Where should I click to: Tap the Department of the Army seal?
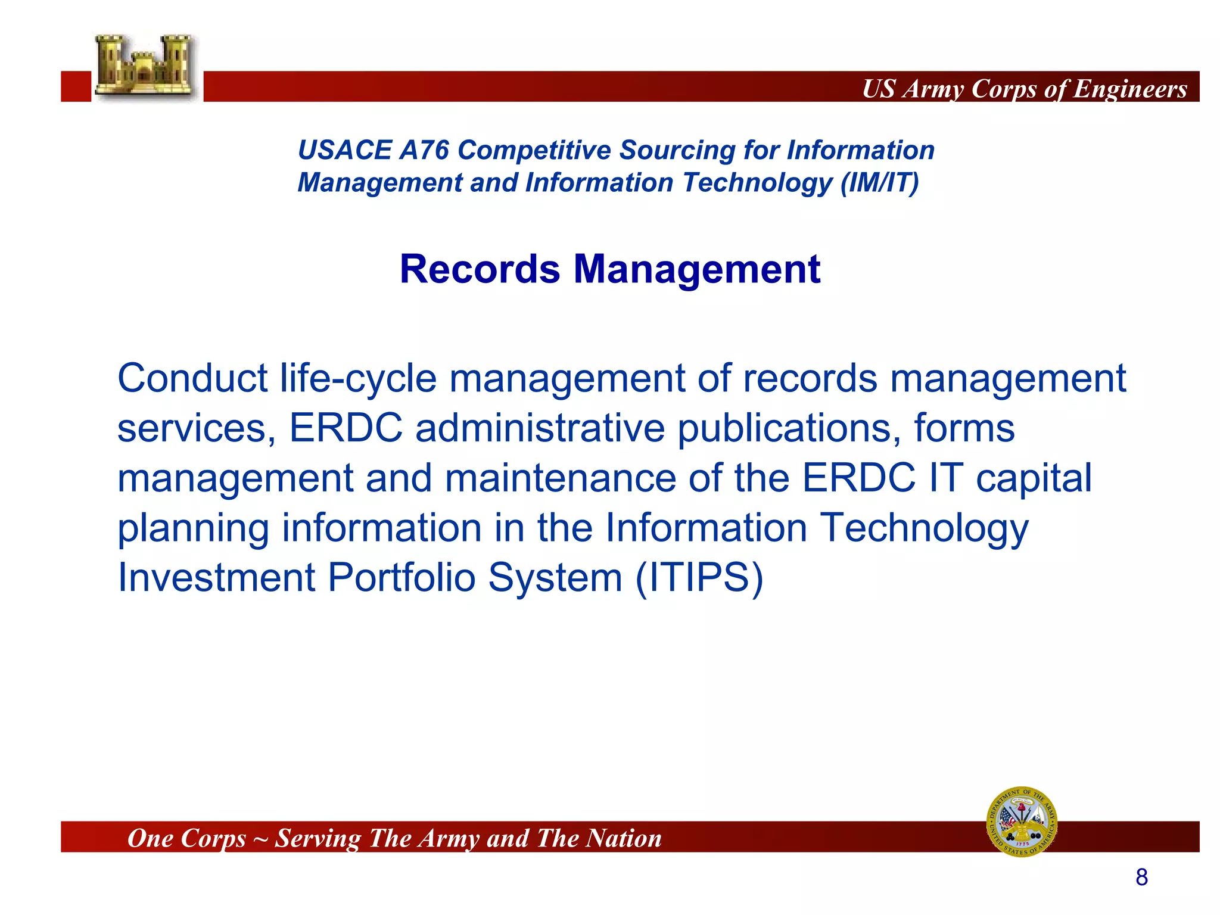pos(1022,822)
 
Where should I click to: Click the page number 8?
pos(1141,877)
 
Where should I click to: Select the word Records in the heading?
pos(480,269)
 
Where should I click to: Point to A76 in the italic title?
pos(424,150)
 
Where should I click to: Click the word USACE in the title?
pos(344,150)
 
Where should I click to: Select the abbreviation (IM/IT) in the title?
pos(879,183)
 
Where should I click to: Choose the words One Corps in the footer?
pos(186,838)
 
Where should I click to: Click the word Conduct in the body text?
pos(192,378)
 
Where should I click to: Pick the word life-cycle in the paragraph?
pos(358,379)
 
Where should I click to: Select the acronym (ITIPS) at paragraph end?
pos(699,578)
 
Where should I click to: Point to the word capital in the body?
pos(1033,478)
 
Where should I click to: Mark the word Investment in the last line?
pos(216,578)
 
